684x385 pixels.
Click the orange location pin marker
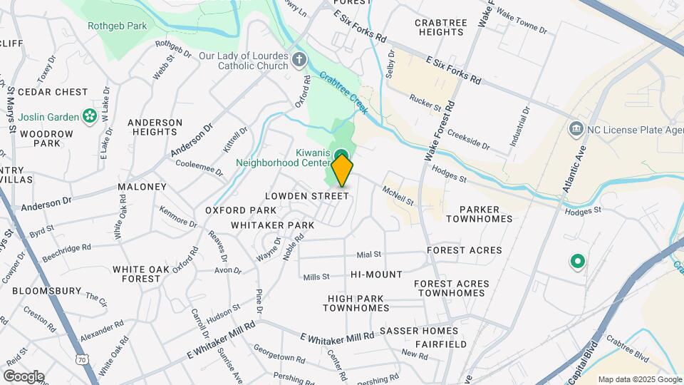[342, 171]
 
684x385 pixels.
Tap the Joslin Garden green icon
[90, 115]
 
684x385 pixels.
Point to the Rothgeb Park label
[117, 26]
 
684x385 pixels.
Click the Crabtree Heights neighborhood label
[440, 27]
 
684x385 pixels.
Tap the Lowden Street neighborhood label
[306, 196]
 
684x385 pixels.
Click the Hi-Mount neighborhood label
[376, 274]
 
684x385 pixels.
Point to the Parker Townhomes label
[479, 214]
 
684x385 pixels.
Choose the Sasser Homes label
[418, 331]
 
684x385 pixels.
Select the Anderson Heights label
[155, 127]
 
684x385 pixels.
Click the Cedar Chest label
[53, 92]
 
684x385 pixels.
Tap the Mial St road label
[369, 254]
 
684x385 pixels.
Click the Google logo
[24, 376]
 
